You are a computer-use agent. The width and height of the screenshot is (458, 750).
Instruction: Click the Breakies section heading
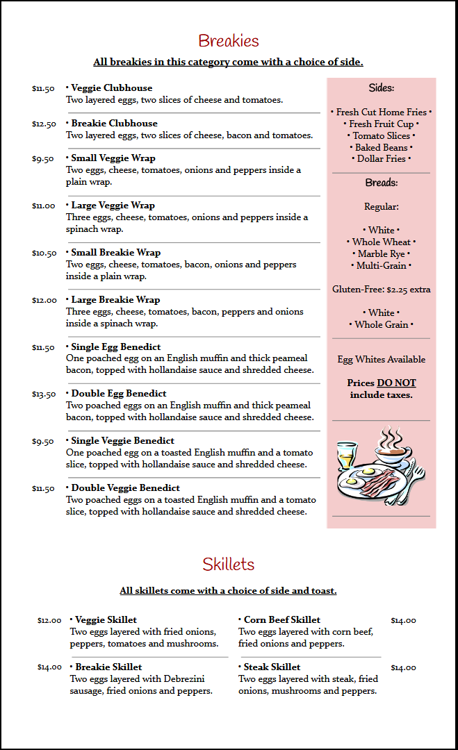229,41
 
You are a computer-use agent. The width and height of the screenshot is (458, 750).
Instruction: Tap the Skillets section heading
229,564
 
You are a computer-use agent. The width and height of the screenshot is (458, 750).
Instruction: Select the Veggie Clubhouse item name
111,88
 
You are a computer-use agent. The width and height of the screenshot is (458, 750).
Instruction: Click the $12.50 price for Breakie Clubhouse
44,124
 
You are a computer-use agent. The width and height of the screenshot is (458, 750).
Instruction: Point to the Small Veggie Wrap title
113,158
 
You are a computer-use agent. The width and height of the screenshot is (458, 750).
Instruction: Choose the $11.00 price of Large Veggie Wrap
44,206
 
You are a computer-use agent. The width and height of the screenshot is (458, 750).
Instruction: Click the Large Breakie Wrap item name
115,300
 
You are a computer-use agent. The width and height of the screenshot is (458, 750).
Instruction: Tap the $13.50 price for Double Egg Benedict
44,394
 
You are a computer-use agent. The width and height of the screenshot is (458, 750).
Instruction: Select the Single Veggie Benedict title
122,441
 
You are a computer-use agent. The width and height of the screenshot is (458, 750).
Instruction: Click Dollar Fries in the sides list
381,159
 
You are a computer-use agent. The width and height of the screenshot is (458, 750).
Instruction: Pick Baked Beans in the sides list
381,147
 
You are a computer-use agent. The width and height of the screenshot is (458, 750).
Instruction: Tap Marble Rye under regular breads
381,254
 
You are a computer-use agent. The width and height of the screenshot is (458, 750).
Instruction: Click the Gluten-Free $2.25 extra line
381,290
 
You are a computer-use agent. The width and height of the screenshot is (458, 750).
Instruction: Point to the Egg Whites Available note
381,360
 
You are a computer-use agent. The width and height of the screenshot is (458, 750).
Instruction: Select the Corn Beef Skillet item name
281,620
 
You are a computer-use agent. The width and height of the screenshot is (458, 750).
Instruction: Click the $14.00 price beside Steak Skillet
403,668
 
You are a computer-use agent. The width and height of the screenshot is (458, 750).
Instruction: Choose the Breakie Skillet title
108,667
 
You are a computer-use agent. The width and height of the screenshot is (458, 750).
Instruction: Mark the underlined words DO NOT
396,383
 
